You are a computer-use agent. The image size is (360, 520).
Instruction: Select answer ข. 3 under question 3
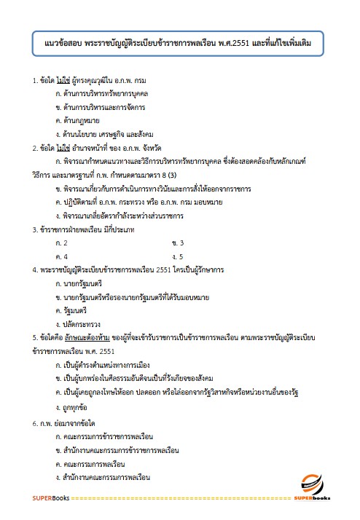click(x=178, y=243)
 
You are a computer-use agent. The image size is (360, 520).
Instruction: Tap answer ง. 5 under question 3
click(x=177, y=256)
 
